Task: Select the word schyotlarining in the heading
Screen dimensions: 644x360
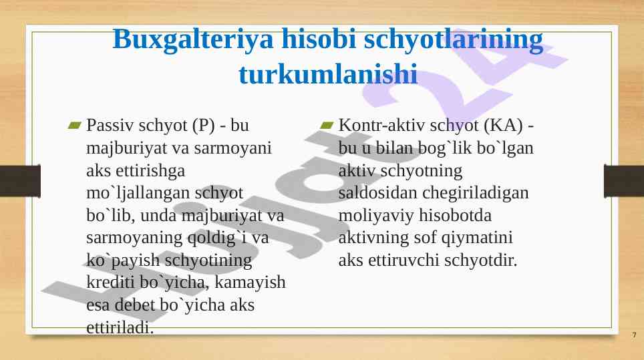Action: (454, 40)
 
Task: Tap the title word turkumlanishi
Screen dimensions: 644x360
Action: (328, 74)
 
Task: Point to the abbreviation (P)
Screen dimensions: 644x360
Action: (200, 126)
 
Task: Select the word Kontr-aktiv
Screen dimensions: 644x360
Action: (381, 125)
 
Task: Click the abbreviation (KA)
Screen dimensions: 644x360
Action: (504, 126)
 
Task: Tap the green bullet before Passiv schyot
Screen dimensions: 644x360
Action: (75, 125)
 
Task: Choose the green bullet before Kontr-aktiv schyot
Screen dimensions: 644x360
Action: (327, 125)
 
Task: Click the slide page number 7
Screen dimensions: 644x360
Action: (634, 335)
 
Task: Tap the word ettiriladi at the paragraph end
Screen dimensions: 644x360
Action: (120, 328)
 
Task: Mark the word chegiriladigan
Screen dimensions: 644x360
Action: (476, 193)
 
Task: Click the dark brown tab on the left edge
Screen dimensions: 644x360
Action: (20, 181)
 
